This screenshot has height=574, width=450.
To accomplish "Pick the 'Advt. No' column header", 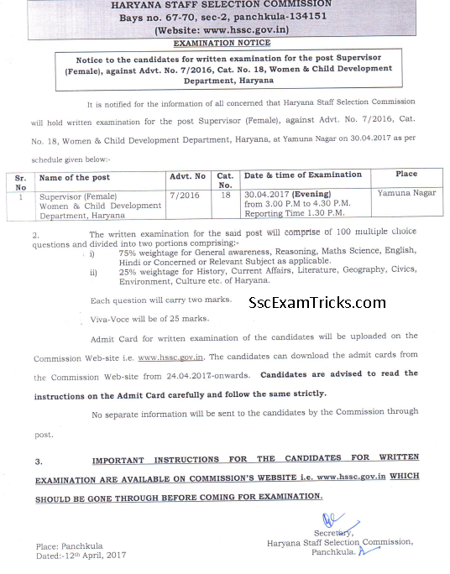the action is (187, 176).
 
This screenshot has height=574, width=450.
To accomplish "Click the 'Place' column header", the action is (406, 175).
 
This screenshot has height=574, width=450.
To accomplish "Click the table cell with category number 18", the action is (224, 194).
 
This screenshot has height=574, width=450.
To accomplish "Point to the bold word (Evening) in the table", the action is (311, 193).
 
